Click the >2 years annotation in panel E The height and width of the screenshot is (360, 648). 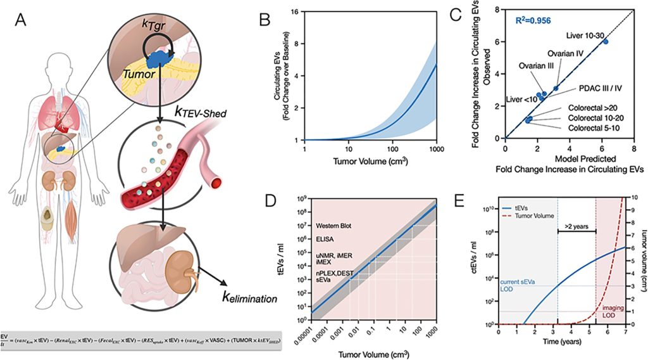[576, 224]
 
